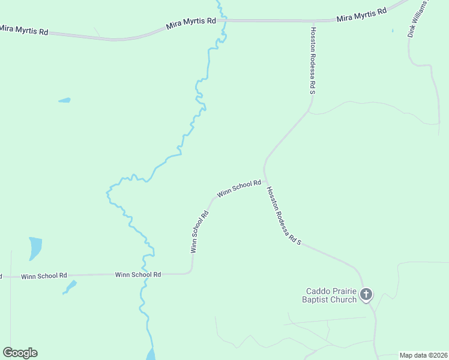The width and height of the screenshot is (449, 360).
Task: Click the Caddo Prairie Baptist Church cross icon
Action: click(x=366, y=294)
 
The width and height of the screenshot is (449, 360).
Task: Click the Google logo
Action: click(x=20, y=353)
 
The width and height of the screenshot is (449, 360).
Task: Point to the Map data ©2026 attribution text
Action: click(x=423, y=355)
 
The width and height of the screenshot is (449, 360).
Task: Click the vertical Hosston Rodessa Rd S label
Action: click(x=313, y=60)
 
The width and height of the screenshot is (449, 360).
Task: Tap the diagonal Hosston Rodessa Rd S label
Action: click(x=283, y=217)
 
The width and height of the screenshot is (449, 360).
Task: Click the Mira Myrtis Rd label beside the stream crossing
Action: click(x=191, y=23)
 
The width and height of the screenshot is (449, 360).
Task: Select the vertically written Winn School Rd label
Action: click(x=199, y=232)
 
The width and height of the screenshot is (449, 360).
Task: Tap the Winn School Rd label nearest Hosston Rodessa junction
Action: click(x=239, y=188)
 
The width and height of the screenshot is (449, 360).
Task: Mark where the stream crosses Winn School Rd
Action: click(x=145, y=274)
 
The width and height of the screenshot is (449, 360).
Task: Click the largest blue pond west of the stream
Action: click(x=35, y=248)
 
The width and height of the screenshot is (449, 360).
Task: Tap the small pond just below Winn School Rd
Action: click(x=71, y=286)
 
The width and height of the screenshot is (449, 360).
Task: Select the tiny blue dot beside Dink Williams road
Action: click(x=393, y=31)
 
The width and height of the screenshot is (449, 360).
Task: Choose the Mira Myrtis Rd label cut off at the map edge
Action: click(x=23, y=29)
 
